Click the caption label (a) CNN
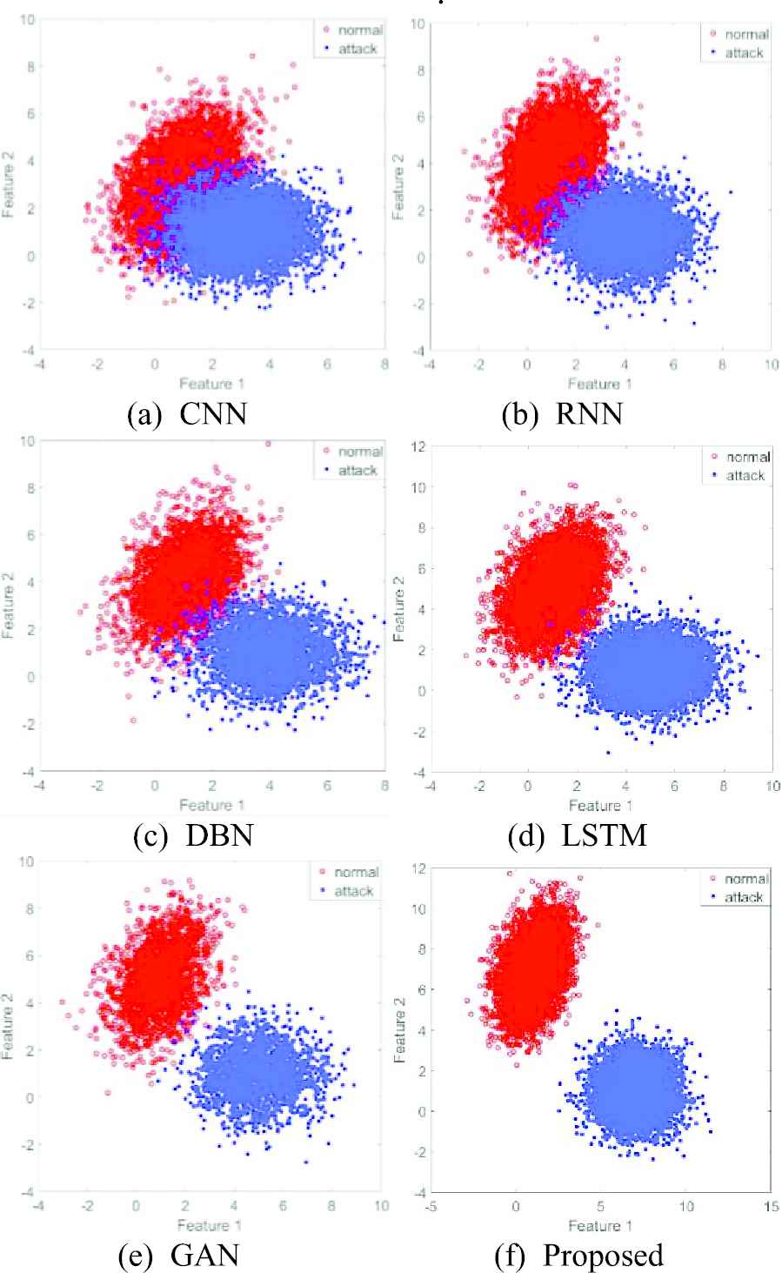point(187,414)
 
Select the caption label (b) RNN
point(563,414)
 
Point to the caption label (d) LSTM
point(578,835)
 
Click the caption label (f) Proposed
point(578,1256)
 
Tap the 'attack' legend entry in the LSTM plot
point(743,475)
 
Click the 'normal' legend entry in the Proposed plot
point(742,879)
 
